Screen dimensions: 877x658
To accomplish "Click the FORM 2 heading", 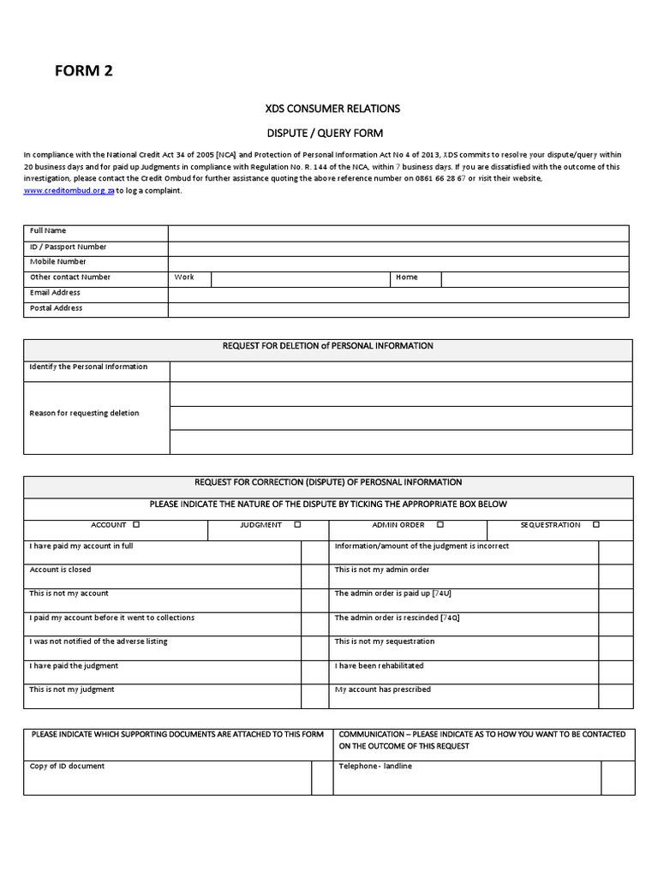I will coord(84,71).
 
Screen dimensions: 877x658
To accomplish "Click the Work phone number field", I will coord(301,278).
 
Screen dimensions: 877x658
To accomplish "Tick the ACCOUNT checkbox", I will coord(137,525).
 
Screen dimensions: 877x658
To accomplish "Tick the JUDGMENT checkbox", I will coord(297,525).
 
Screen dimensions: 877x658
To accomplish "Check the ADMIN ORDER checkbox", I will coord(440,525).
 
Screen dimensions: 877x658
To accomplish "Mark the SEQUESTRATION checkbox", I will coord(596,525).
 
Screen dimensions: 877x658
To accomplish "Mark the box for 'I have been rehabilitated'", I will coord(615,671).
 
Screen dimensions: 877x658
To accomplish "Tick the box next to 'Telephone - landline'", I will coord(618,778).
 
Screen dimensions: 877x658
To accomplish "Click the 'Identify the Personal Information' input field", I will coord(401,371).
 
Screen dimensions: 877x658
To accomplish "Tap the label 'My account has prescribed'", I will coord(382,689).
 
